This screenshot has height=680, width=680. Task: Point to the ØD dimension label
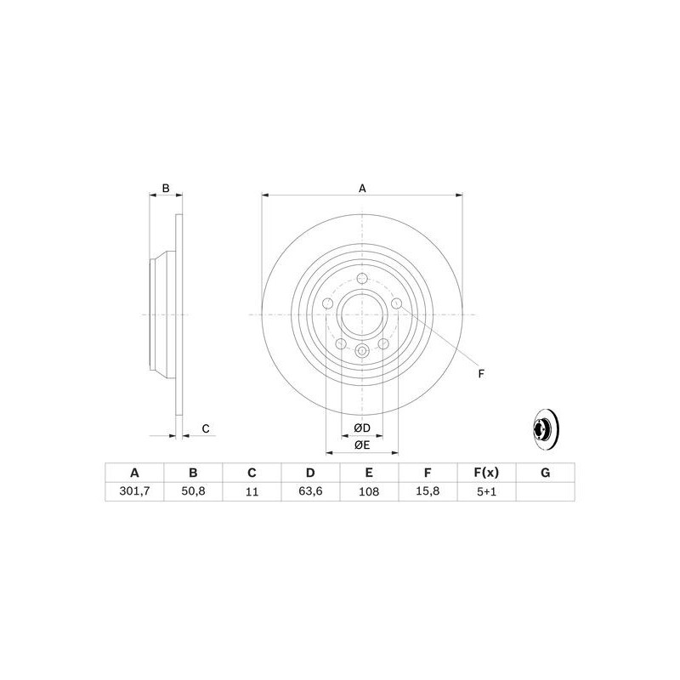tap(361, 427)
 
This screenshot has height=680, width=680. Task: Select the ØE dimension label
tap(361, 445)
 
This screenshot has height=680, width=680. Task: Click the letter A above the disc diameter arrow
tap(361, 188)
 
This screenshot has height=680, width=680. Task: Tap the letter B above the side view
tap(167, 188)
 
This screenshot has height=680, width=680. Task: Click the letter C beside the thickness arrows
tap(205, 428)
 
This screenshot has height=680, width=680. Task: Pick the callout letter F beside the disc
tap(480, 373)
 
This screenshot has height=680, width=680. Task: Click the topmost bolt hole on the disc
tap(361, 280)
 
